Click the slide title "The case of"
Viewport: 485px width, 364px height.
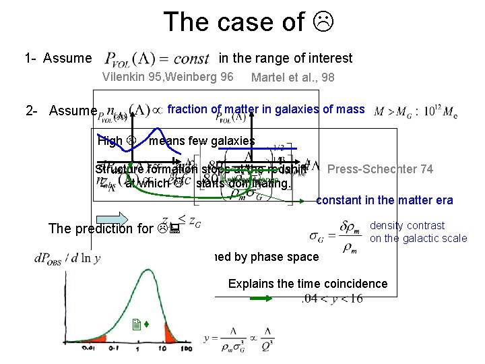tap(233, 22)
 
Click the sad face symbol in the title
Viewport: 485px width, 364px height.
tap(326, 22)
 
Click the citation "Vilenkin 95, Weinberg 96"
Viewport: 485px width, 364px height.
tap(168, 77)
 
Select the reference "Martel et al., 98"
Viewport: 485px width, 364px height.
tap(292, 78)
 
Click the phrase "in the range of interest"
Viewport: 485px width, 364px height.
tap(285, 59)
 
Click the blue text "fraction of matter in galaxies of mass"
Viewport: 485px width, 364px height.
tap(265, 109)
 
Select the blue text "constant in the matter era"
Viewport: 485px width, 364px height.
tap(384, 200)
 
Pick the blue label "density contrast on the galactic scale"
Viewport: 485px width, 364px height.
tap(418, 232)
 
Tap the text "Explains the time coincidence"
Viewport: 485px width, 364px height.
tap(308, 283)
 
